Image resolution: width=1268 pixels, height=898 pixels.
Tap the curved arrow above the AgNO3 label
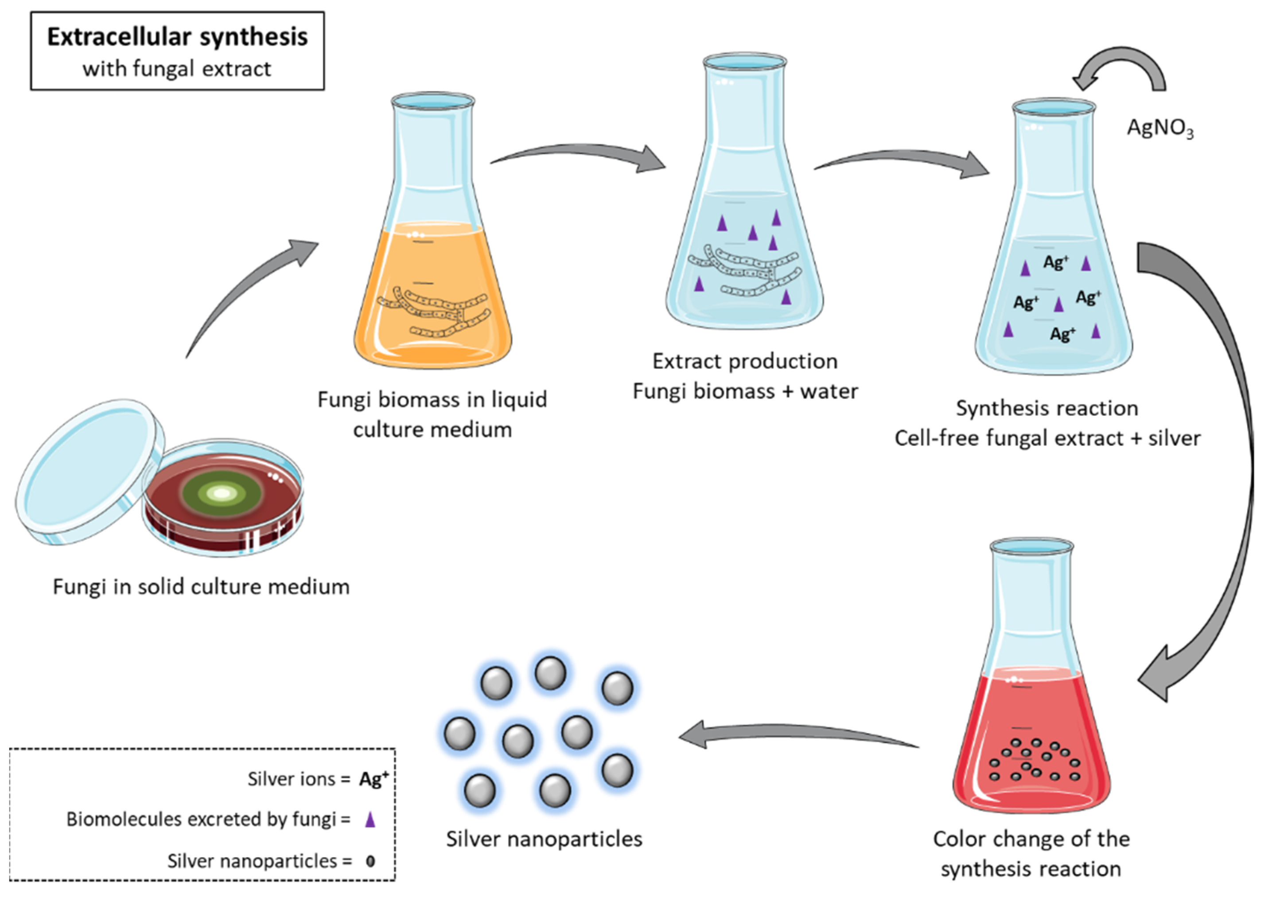click(1128, 66)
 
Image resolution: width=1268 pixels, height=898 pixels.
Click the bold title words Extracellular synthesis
click(177, 38)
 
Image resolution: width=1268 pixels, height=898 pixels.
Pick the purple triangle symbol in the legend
click(370, 819)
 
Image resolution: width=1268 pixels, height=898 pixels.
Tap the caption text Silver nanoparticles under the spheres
click(544, 839)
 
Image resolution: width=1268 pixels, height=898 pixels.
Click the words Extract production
click(745, 361)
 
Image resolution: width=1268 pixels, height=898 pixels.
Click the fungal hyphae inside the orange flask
click(434, 312)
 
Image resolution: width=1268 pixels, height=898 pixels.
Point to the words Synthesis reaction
click(1047, 408)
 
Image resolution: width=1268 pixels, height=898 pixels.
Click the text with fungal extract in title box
click(177, 69)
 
